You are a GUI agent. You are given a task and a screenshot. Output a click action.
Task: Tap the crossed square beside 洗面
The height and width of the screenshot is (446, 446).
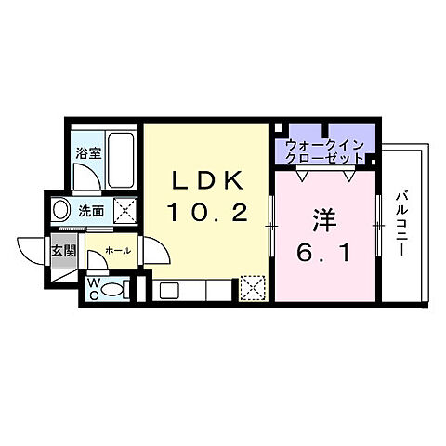pyautogui.click(x=122, y=209)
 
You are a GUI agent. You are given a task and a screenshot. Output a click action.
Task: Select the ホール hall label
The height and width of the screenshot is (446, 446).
pyautogui.click(x=117, y=250)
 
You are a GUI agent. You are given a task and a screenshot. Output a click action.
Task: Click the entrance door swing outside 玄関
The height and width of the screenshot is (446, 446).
pyautogui.click(x=31, y=252)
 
